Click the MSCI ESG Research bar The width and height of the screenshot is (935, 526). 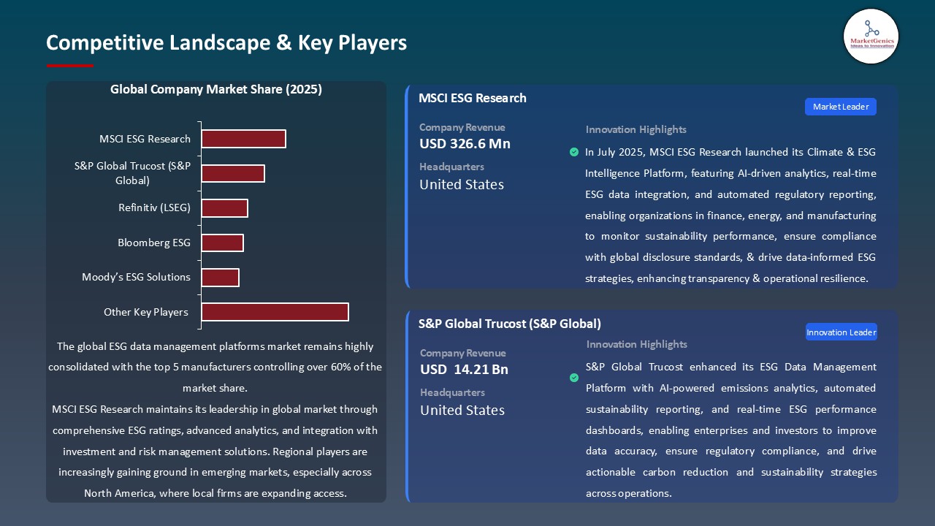243,139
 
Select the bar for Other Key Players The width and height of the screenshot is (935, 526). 275,312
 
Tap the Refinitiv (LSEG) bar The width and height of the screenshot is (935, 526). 224,208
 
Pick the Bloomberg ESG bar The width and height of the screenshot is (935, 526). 222,243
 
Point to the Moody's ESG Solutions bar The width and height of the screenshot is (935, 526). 220,278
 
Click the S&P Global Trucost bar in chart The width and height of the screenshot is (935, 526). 232,173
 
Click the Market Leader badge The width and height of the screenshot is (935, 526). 840,107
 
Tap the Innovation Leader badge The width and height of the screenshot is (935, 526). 841,332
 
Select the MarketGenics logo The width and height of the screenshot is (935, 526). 871,37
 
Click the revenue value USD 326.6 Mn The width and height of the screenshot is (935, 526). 465,144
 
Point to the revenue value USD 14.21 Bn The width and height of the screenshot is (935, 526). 464,370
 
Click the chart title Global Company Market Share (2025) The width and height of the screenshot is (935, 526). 216,90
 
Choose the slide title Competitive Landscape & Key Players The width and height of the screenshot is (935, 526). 226,42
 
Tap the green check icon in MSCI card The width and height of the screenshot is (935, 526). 574,152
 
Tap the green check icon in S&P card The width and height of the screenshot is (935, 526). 574,378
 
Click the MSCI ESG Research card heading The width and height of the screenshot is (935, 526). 472,98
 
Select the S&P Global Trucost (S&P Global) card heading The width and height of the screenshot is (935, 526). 509,324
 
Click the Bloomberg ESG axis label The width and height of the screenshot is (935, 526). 154,243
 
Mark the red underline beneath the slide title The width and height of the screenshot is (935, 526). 70,66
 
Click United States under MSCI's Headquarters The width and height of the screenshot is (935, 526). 462,185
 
